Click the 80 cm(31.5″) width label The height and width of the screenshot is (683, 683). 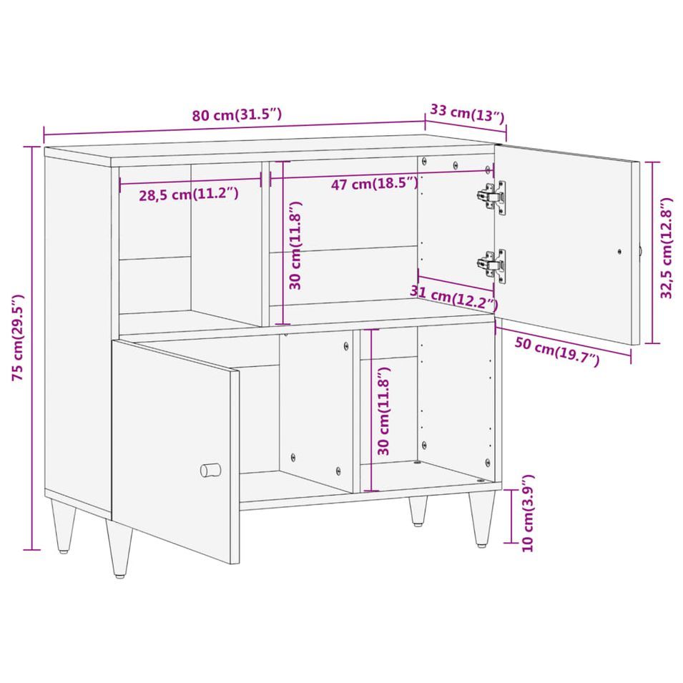pyautogui.click(x=237, y=115)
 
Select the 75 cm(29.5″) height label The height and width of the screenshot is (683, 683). pyautogui.click(x=18, y=338)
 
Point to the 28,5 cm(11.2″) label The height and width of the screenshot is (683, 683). pyautogui.click(x=189, y=195)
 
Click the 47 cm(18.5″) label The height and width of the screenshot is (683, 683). pyautogui.click(x=375, y=183)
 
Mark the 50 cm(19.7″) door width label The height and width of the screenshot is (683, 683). pyautogui.click(x=557, y=351)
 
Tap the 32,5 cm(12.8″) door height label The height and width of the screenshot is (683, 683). pyautogui.click(x=667, y=248)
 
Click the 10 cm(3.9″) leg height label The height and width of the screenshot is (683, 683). pyautogui.click(x=528, y=513)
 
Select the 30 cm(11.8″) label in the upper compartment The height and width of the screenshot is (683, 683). pyautogui.click(x=295, y=245)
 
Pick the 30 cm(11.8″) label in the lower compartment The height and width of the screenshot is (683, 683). pyautogui.click(x=383, y=411)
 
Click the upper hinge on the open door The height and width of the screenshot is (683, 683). pyautogui.click(x=492, y=197)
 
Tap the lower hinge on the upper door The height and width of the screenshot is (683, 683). pyautogui.click(x=492, y=266)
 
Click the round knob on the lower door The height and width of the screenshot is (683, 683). pyautogui.click(x=210, y=470)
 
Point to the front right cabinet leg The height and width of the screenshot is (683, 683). pyautogui.click(x=483, y=519)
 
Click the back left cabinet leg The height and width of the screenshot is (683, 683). pyautogui.click(x=63, y=526)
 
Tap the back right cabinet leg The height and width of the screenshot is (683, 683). pyautogui.click(x=418, y=511)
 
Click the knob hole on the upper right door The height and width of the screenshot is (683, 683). pyautogui.click(x=619, y=251)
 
